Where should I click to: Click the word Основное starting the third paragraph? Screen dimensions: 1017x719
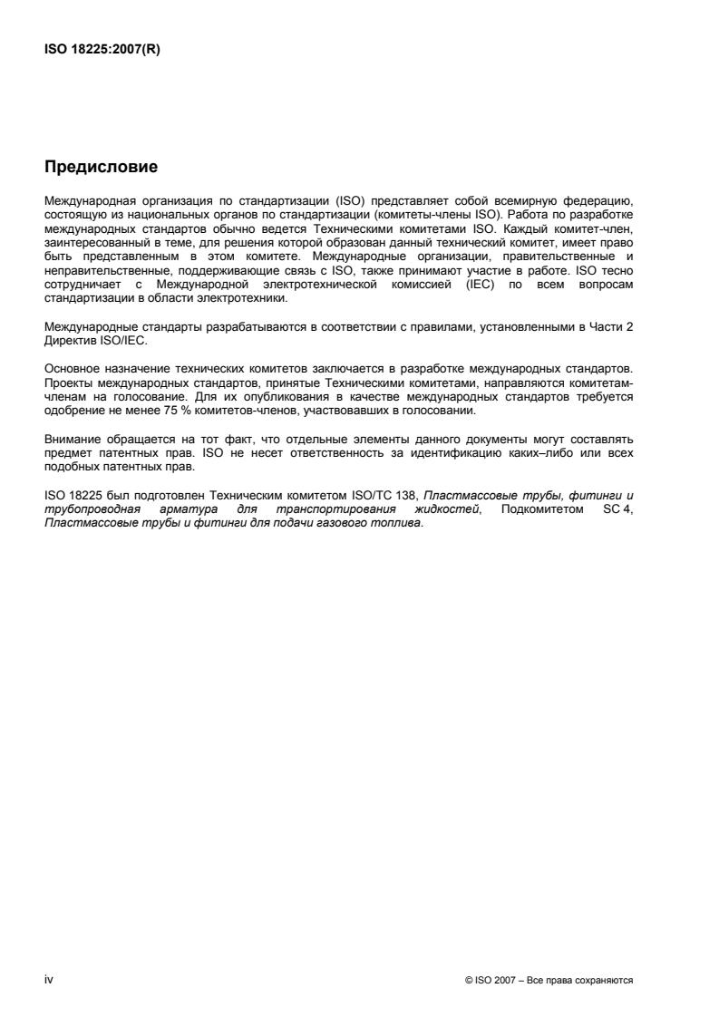pyautogui.click(x=72, y=371)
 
